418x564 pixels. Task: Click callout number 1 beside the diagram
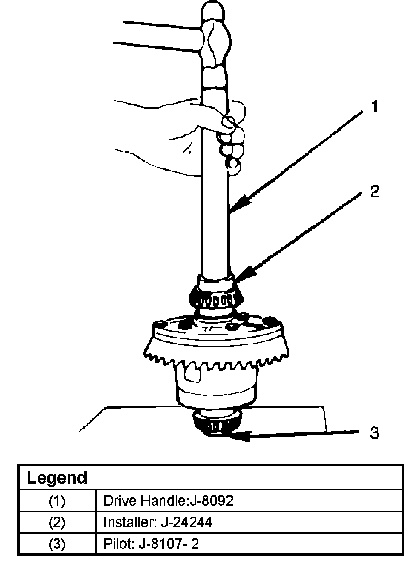[x=374, y=106]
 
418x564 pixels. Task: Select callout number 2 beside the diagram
[x=374, y=191]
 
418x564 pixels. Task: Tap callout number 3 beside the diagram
[x=374, y=433]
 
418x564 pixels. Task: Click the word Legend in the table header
[x=57, y=478]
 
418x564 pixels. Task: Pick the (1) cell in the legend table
[x=57, y=501]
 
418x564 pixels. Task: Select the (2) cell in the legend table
[x=57, y=523]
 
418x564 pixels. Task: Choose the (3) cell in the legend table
[x=57, y=544]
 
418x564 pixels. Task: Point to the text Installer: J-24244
[x=158, y=523]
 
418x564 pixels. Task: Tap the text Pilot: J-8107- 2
[x=151, y=544]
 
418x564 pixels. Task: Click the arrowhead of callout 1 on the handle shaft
[x=234, y=210]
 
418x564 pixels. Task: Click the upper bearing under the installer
[x=216, y=297]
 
